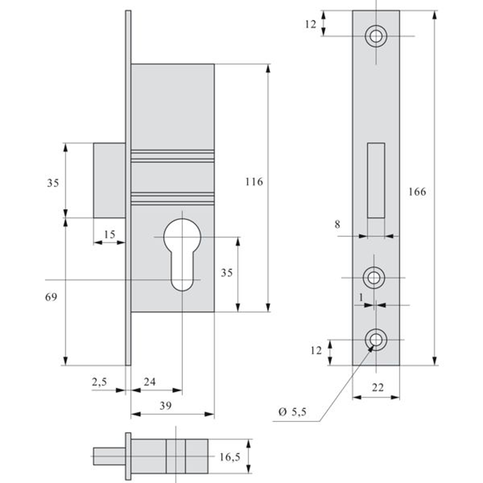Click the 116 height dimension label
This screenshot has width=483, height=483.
click(254, 182)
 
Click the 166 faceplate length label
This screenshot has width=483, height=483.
click(417, 192)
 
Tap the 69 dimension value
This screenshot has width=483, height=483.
click(51, 297)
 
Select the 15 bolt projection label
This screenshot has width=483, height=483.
click(110, 234)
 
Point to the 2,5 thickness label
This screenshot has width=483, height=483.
click(99, 382)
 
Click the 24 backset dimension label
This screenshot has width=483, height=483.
click(150, 382)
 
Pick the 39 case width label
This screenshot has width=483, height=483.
click(165, 406)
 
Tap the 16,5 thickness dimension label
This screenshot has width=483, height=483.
click(230, 457)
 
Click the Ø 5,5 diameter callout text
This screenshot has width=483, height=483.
click(292, 412)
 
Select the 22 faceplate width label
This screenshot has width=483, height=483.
click(378, 388)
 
